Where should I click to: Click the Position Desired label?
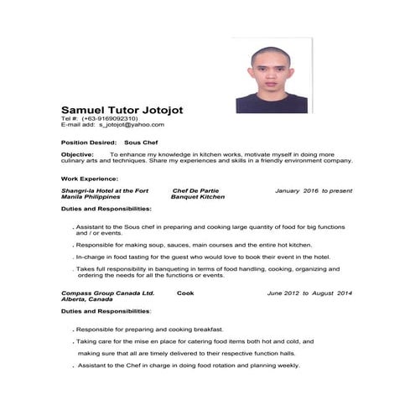(x=88, y=143)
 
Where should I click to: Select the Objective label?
(x=79, y=154)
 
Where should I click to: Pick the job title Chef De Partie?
(x=195, y=190)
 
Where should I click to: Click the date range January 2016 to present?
(x=313, y=190)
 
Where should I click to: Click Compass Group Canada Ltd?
(x=107, y=293)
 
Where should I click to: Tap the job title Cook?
(x=185, y=293)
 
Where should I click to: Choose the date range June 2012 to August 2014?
(x=309, y=293)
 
